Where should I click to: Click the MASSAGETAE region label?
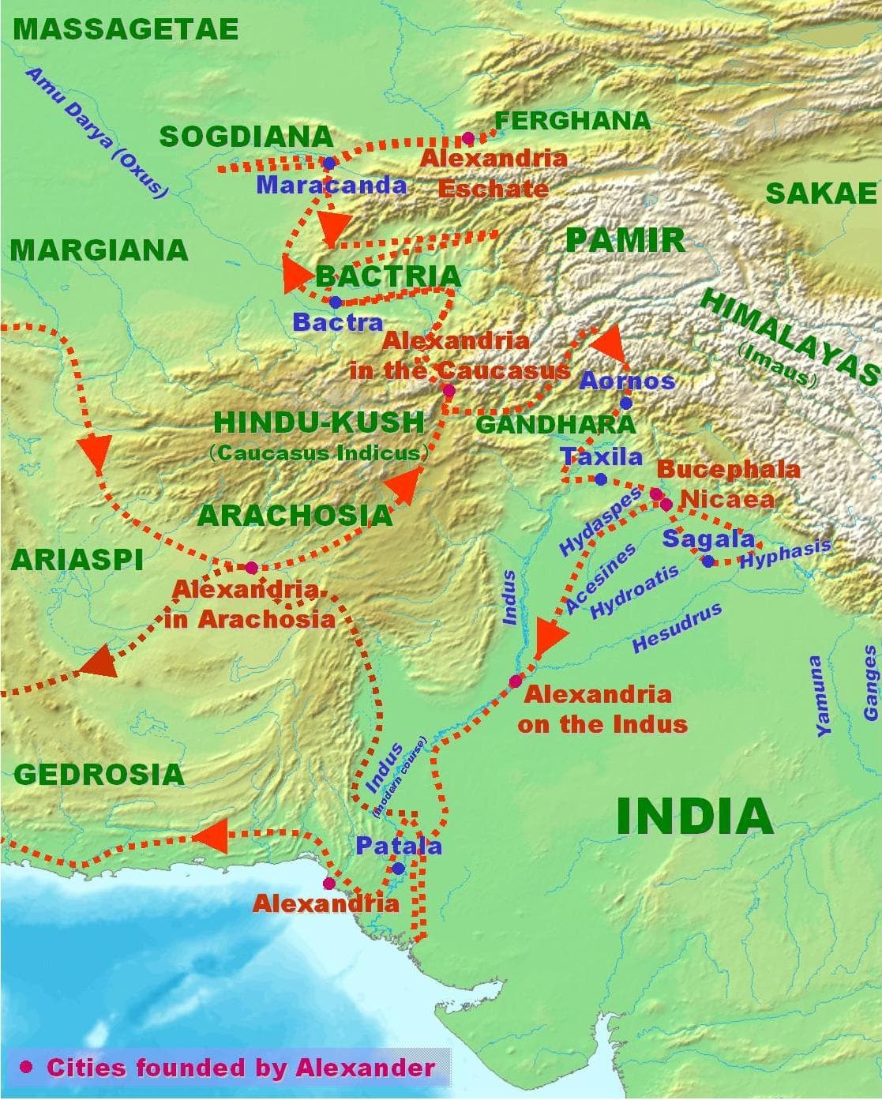(126, 29)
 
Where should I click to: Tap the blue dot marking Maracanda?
(328, 163)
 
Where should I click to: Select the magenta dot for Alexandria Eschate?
(467, 138)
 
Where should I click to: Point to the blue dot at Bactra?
(335, 302)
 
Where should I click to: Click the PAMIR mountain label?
(625, 240)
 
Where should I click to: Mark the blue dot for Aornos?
(625, 403)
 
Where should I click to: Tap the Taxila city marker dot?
(600, 479)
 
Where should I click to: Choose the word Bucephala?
(727, 469)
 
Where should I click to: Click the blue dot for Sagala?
(707, 561)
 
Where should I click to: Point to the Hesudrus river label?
(677, 629)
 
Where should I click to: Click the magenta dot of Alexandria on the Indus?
(516, 681)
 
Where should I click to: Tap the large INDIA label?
(694, 817)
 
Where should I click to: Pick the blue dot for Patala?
(398, 869)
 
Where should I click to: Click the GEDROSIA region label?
(99, 774)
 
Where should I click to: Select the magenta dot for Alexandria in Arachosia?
(251, 567)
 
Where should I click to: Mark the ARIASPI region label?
(77, 559)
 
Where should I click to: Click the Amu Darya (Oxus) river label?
(97, 132)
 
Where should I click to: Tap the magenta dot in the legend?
(27, 1067)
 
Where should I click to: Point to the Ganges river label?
(870, 683)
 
